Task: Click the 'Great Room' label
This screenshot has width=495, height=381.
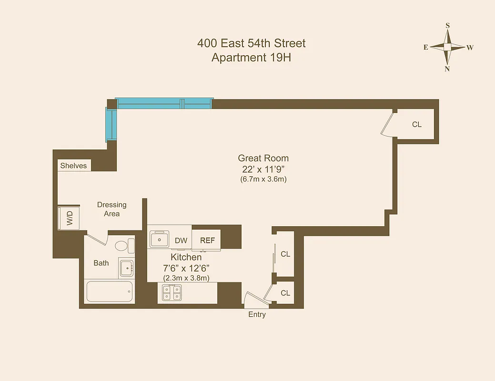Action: (263, 158)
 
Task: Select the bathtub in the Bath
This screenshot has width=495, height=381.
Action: (110, 291)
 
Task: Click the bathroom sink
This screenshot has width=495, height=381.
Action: (126, 269)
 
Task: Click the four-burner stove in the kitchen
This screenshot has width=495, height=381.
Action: (172, 292)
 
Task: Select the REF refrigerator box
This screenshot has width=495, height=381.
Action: (207, 241)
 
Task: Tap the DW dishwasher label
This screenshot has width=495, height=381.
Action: (181, 241)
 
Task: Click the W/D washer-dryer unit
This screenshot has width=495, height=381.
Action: (70, 219)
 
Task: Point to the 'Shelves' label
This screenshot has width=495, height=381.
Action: (73, 166)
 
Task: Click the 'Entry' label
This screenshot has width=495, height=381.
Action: (257, 314)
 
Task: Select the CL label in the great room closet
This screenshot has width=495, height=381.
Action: (417, 124)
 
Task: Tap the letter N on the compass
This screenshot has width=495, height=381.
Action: (447, 69)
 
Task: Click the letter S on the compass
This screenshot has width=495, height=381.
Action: (447, 26)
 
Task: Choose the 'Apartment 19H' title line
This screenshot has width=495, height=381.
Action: (251, 58)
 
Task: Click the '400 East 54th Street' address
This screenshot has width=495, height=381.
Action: (251, 43)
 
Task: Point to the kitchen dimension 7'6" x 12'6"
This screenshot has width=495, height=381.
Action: (186, 268)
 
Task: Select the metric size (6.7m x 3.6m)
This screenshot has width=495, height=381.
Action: (263, 180)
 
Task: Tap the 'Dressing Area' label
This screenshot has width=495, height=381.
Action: (112, 209)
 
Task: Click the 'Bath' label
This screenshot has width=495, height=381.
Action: (101, 263)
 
